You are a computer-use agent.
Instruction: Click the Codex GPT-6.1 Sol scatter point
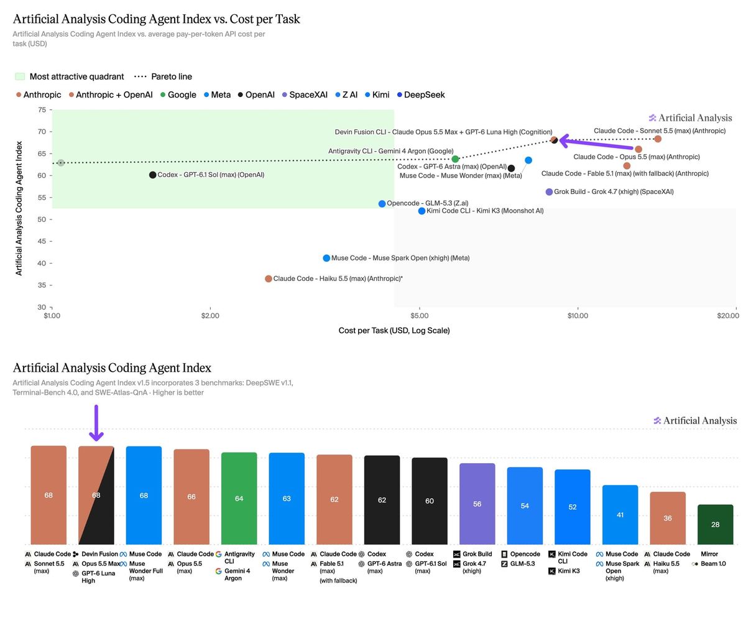pos(152,175)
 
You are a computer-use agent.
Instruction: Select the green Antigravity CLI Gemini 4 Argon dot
pos(455,159)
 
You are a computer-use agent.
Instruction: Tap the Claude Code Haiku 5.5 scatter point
pos(269,279)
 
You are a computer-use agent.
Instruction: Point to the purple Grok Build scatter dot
pos(549,192)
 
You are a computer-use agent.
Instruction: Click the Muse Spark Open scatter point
pos(326,258)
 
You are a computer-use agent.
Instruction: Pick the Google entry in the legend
pos(178,95)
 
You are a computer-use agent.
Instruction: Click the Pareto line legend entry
pos(163,76)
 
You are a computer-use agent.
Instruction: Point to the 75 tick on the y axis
pos(42,109)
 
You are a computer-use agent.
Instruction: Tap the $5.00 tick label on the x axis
pos(420,316)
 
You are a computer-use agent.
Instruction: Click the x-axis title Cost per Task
pos(394,331)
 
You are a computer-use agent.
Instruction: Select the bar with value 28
pos(715,524)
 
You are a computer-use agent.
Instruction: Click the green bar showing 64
pos(239,498)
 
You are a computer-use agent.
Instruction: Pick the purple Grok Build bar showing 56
pos(477,504)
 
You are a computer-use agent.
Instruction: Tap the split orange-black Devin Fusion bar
pos(96,495)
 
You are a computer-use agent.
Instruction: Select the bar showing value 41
pos(620,515)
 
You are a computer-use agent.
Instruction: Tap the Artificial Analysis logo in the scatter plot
pos(690,118)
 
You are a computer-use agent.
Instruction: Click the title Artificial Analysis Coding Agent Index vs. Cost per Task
pos(157,19)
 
